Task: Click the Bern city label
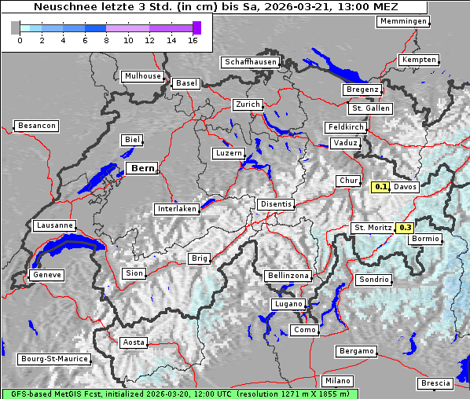141,168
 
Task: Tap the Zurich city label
247,104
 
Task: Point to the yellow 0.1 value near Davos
380,187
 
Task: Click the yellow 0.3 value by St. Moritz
406,228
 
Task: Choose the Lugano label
287,304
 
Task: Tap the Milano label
337,381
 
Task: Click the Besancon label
37,126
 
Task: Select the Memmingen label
402,21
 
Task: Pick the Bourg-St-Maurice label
53,359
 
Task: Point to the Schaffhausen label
250,61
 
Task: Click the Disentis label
276,204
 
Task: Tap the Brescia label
435,383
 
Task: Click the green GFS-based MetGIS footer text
179,394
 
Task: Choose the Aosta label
134,342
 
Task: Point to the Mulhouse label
142,76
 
